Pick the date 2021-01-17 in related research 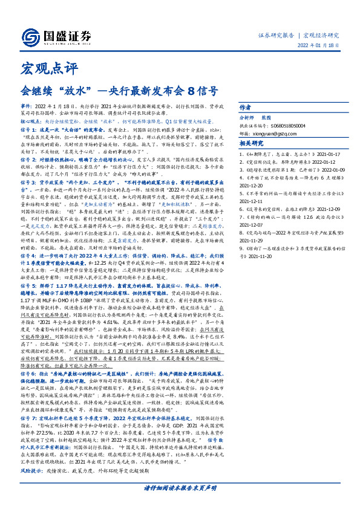(326, 155)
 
